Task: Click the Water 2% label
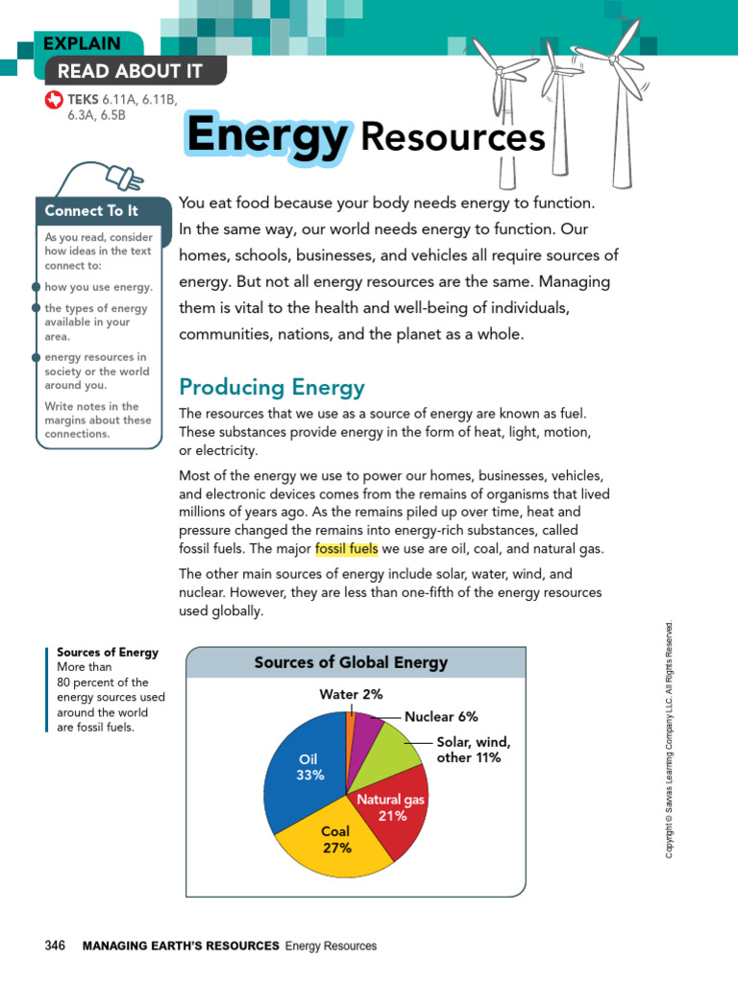351,694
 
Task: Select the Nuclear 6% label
441,716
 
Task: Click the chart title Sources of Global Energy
351,662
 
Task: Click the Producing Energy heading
272,388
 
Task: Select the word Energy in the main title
266,134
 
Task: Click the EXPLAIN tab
83,43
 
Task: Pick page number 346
55,946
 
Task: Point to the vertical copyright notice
670,739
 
